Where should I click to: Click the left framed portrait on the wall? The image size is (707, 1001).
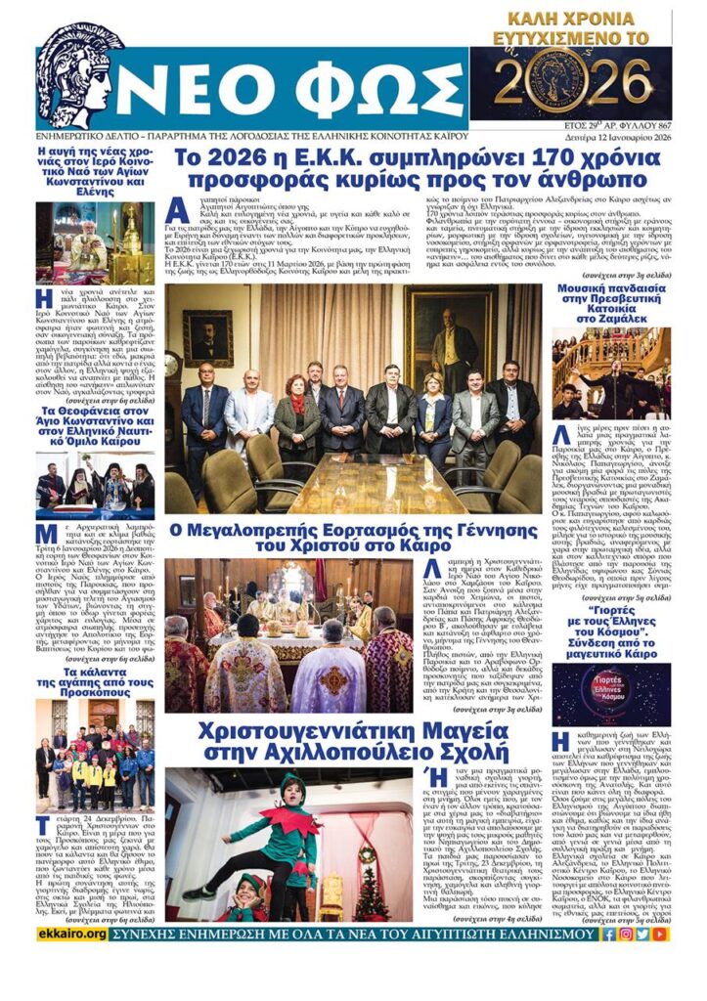click(207, 336)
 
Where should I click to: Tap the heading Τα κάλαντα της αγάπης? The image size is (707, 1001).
click(96, 680)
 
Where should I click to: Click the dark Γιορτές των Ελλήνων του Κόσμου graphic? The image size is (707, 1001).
click(612, 695)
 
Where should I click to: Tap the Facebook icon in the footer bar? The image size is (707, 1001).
click(609, 935)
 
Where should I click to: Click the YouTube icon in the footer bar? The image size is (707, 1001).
click(660, 935)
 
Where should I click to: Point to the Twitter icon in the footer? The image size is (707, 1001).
click(642, 935)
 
